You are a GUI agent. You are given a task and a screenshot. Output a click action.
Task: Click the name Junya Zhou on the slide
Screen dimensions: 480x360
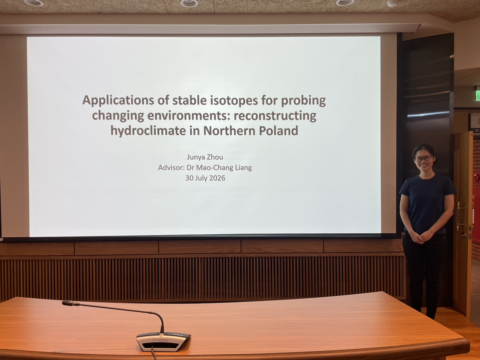click(205, 157)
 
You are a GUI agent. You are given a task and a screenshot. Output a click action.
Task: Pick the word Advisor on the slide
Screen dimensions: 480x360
click(172, 168)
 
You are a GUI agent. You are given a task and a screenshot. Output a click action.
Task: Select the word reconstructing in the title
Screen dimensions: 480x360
click(275, 116)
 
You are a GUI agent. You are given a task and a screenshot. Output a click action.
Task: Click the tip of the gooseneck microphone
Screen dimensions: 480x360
click(66, 303)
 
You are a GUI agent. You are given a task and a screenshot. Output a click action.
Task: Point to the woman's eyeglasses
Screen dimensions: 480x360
click(423, 158)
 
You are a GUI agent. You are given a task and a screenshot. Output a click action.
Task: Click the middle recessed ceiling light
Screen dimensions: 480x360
click(189, 3)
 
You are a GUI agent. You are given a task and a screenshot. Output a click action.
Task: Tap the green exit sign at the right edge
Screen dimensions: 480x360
click(478, 94)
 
